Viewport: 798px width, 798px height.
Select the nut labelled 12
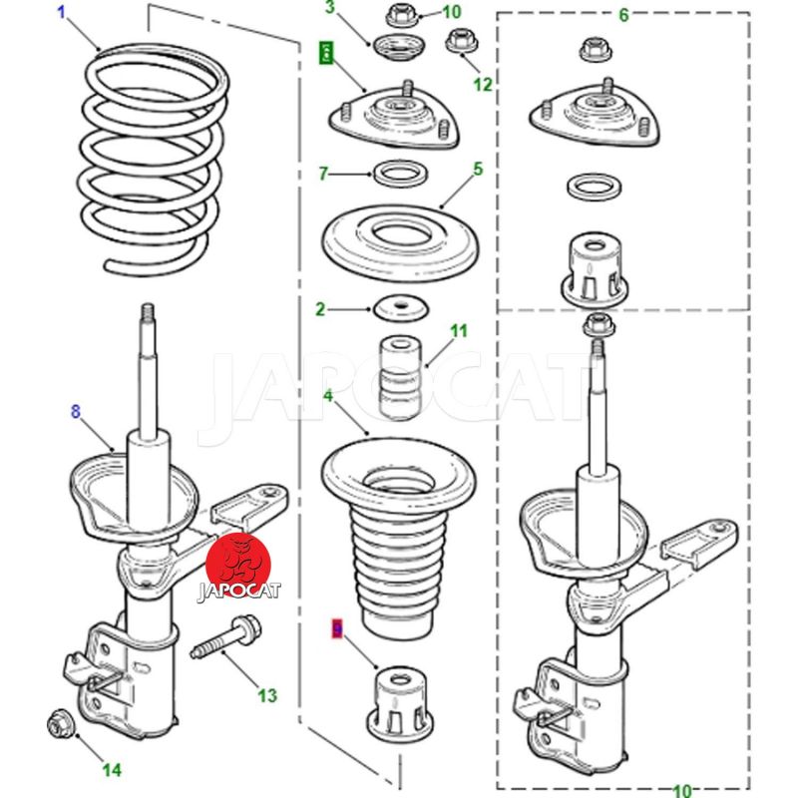click(x=461, y=42)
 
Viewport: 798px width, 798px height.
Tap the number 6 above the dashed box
click(x=623, y=15)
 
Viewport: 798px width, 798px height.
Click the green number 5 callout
click(x=478, y=169)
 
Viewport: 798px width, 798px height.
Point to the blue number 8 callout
click(x=74, y=410)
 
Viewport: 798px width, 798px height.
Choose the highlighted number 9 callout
click(x=336, y=628)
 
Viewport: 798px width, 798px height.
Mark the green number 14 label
click(x=112, y=769)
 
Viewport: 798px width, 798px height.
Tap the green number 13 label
click(x=266, y=695)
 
